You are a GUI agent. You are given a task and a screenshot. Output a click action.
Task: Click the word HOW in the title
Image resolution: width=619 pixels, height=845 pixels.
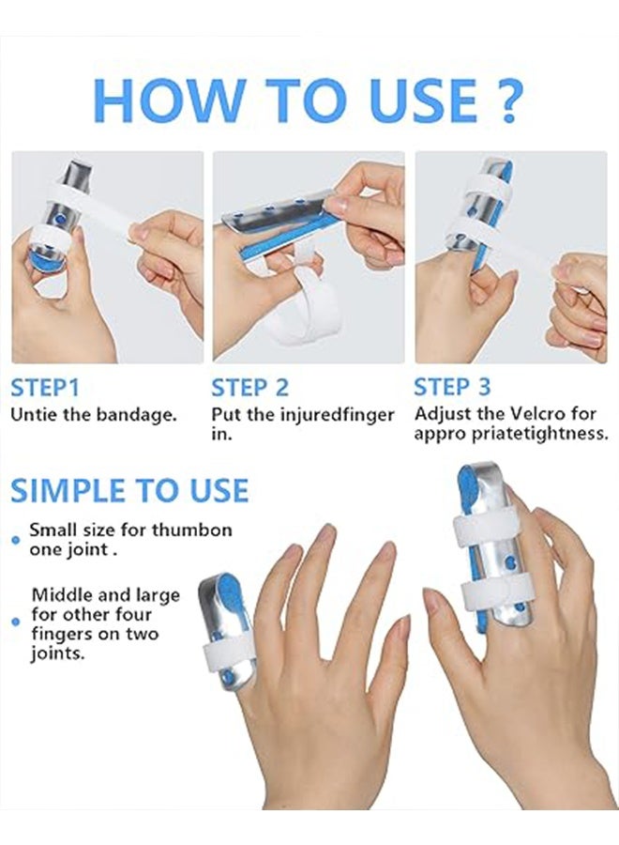click(x=168, y=100)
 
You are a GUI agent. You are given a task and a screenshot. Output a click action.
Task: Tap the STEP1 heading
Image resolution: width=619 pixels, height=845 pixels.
click(x=45, y=388)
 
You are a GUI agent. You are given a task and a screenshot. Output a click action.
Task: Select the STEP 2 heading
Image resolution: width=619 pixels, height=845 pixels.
click(x=249, y=388)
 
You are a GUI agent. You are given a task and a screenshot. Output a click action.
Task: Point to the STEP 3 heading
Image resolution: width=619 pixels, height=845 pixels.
click(x=452, y=387)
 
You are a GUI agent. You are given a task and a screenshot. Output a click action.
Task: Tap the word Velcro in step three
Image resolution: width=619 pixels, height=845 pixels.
click(x=537, y=414)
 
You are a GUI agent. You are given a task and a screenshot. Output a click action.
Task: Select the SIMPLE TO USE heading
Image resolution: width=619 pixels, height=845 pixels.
click(x=129, y=490)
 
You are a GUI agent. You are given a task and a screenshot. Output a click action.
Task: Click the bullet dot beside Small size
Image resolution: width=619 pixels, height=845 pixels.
click(x=16, y=540)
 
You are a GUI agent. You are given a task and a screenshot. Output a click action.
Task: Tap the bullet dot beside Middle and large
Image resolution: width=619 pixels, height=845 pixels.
click(x=16, y=622)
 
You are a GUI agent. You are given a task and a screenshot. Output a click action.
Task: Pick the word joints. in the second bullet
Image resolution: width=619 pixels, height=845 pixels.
click(x=58, y=653)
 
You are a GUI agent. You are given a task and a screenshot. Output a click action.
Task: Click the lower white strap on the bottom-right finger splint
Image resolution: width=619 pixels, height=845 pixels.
click(x=495, y=592)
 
